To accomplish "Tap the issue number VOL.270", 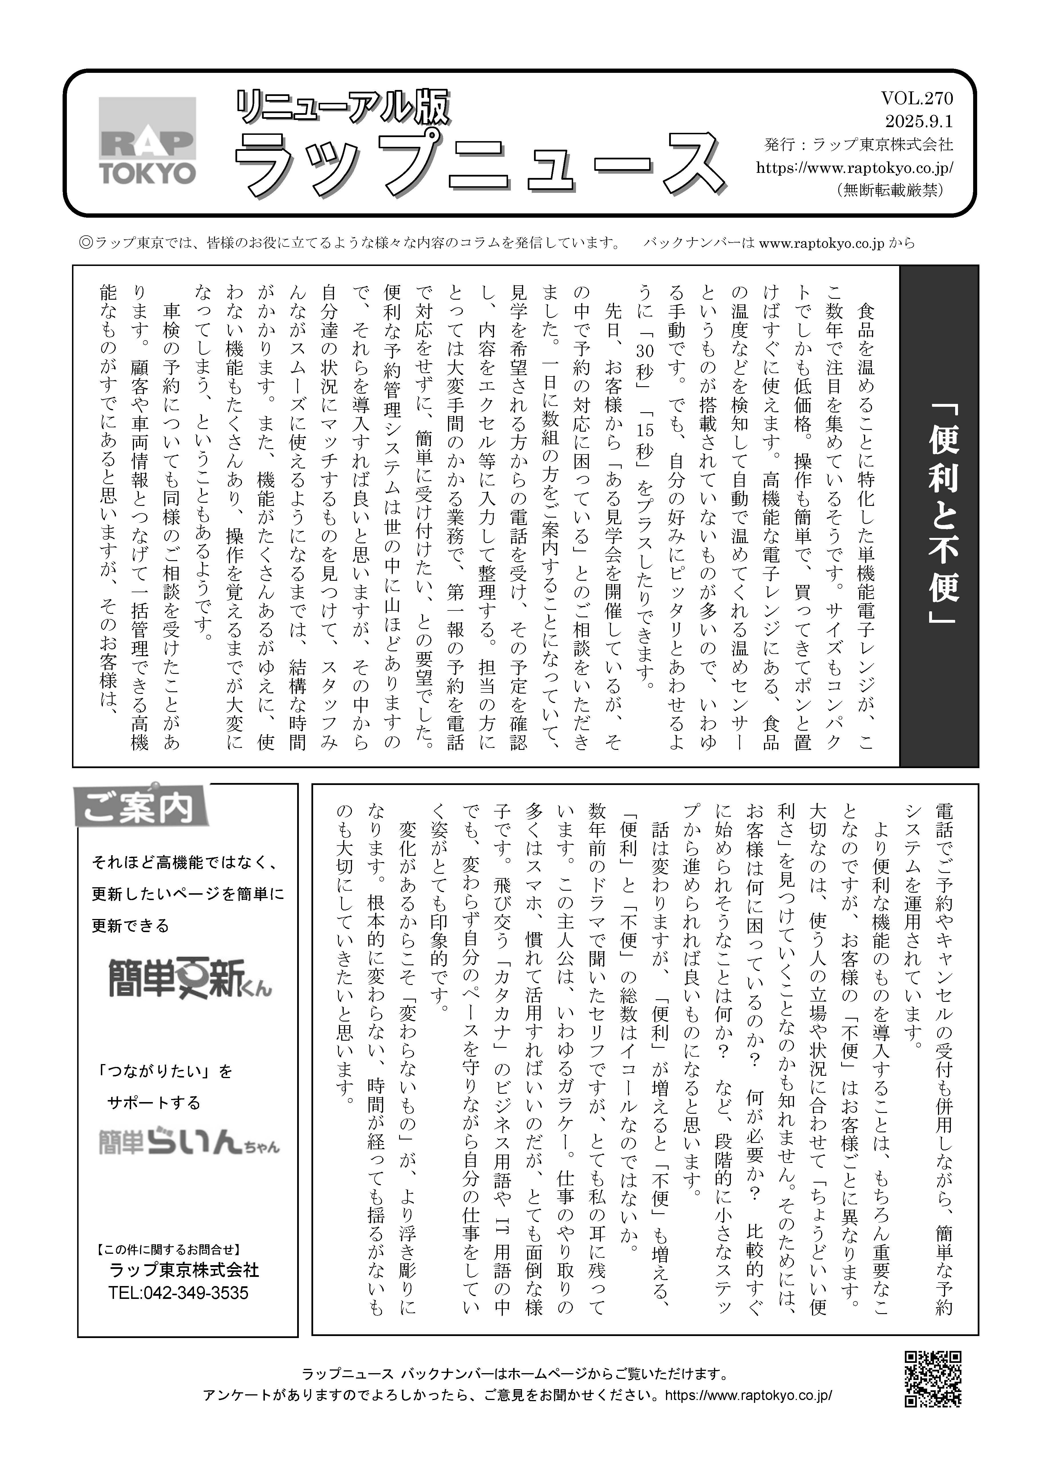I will [x=916, y=98].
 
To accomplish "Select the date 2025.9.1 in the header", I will [x=918, y=121].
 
